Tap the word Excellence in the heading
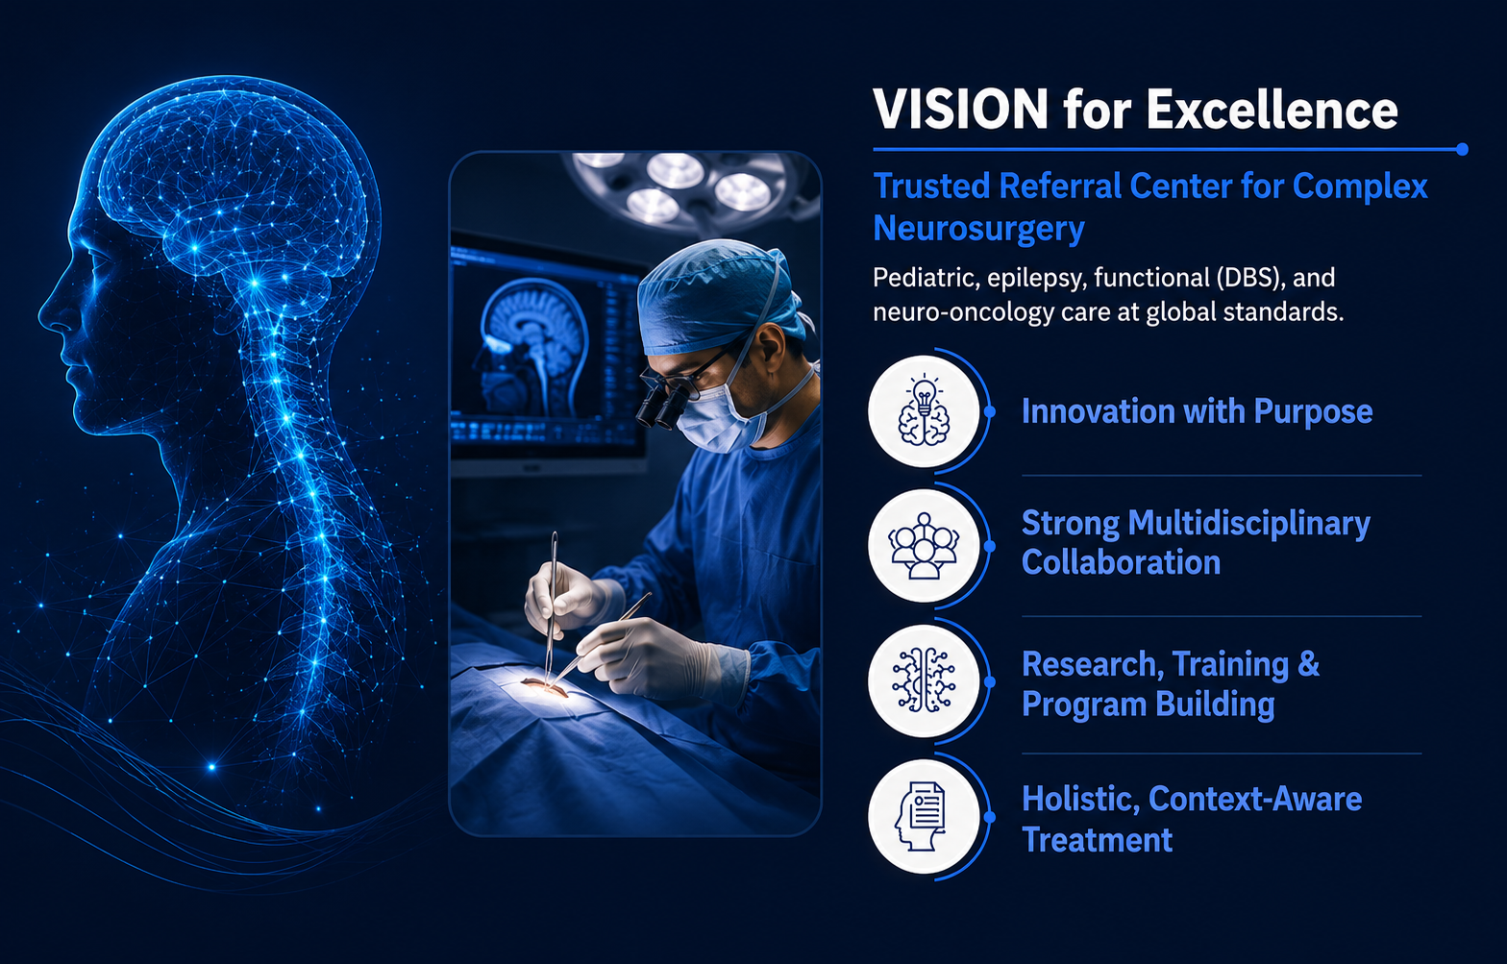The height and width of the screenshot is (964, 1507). (x=1272, y=109)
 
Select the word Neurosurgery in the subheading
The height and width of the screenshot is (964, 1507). (x=978, y=229)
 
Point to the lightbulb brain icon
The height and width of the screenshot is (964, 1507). (x=924, y=411)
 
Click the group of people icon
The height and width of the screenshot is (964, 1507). (x=924, y=546)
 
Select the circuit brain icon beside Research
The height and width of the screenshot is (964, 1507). (x=924, y=680)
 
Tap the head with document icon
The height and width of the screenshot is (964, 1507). (x=921, y=816)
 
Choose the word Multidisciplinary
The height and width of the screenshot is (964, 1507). (x=1248, y=525)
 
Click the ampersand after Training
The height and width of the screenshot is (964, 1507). (x=1308, y=665)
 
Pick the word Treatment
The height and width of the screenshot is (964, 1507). (x=1097, y=840)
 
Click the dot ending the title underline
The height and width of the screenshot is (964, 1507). (x=1462, y=149)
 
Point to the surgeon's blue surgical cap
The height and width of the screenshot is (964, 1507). (x=720, y=297)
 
